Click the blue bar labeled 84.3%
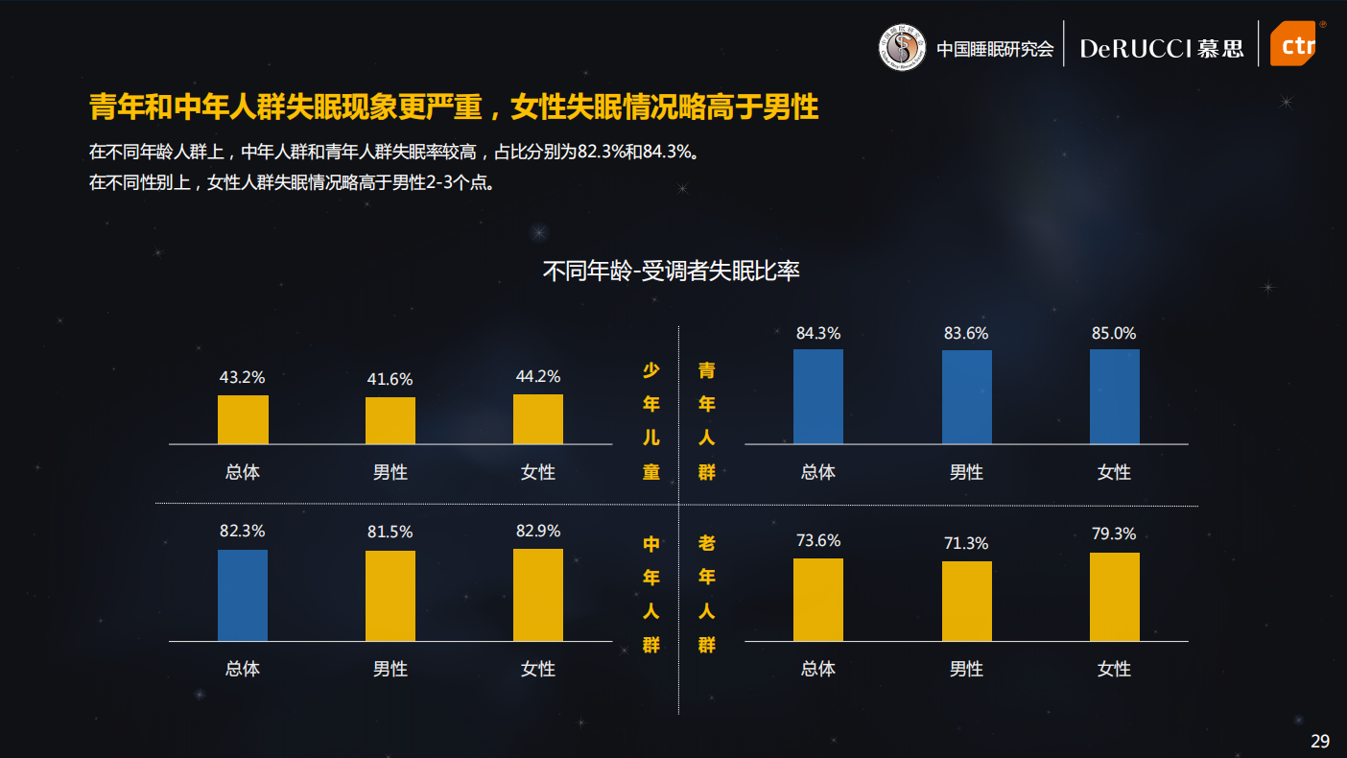818,396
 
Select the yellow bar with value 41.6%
390,420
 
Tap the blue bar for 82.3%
243,595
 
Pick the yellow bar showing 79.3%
1115,597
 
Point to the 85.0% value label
1114,334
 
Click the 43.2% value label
242,378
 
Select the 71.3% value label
965,544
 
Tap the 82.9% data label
537,532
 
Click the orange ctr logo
1292,44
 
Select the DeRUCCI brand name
1136,49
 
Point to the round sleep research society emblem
902,47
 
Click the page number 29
1320,741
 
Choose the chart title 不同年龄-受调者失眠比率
672,272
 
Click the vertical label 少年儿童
651,421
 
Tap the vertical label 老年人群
707,594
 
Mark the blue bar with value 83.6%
966,397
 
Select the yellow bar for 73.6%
818,600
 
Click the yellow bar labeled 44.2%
538,419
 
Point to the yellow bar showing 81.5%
390,596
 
